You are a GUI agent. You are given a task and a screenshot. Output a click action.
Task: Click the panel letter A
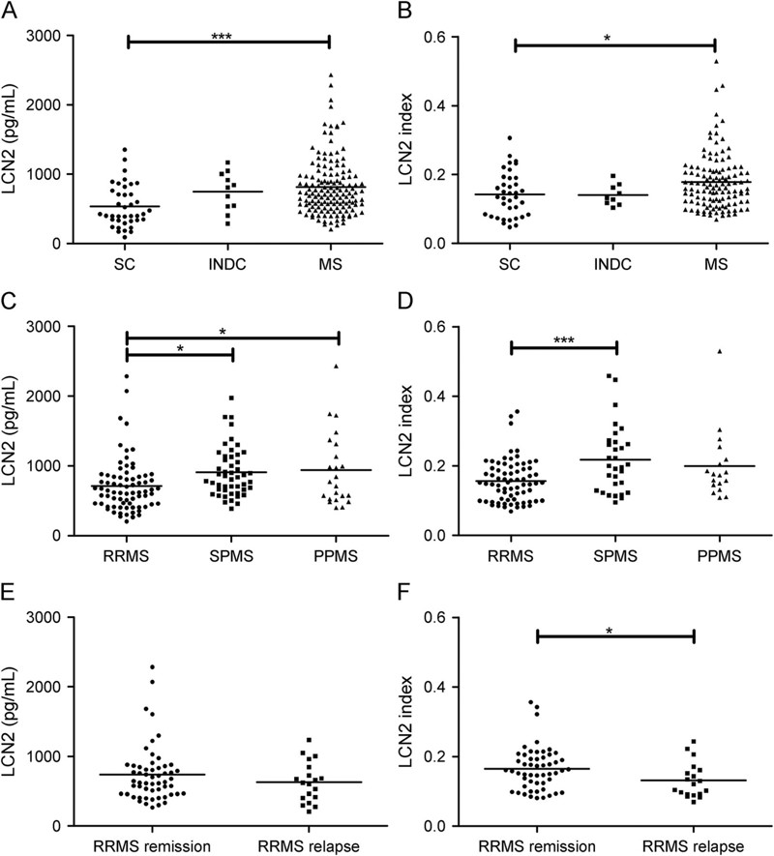(9, 11)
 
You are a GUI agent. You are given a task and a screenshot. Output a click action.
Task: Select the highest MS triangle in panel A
(330, 74)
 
